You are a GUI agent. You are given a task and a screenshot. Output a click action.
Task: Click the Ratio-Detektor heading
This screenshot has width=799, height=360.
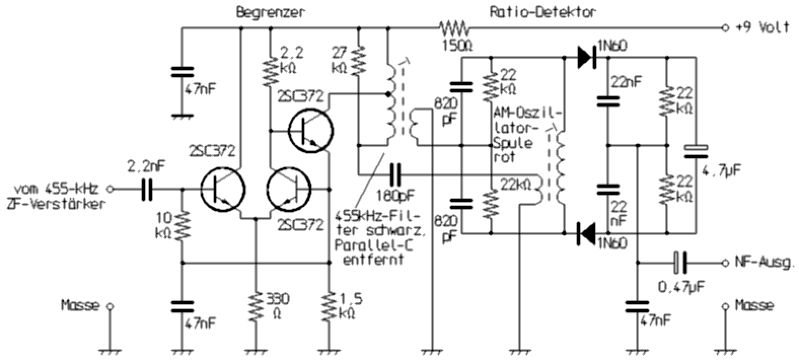[x=542, y=12]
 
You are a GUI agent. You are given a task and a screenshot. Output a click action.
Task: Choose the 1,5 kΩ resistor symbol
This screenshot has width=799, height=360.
[x=330, y=305]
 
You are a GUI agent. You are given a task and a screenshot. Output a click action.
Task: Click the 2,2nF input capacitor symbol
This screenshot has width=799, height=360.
[x=147, y=189]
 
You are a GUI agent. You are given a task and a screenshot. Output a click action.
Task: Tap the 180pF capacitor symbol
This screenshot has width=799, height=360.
[x=395, y=174]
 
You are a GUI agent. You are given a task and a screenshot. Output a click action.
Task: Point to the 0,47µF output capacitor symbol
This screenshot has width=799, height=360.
[x=679, y=263]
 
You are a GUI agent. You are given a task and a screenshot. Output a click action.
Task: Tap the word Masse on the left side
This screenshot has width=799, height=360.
[x=80, y=306]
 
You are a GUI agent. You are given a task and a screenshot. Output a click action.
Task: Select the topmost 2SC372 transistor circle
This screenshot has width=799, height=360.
[x=311, y=130]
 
